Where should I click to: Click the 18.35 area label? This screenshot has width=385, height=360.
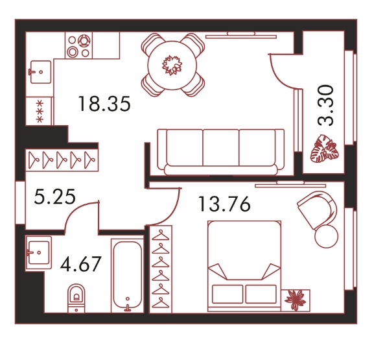click(104, 104)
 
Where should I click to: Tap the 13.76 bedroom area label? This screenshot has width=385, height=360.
click(224, 204)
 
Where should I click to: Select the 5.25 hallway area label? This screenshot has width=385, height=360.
click(54, 197)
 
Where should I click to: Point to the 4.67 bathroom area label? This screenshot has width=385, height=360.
click(81, 263)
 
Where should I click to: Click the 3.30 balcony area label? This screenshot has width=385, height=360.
click(325, 105)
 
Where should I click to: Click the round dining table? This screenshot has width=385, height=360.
click(172, 65)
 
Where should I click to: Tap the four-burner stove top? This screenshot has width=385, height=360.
click(79, 45)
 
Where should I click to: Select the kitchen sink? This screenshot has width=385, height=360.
click(41, 72)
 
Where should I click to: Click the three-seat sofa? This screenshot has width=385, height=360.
click(221, 152)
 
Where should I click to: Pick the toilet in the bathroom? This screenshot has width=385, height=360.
click(76, 298)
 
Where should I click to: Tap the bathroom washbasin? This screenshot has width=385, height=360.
click(38, 252)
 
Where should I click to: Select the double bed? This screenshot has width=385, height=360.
click(244, 266)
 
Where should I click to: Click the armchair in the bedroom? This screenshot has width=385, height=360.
click(317, 210)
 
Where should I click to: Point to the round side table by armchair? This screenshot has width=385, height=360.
click(326, 236)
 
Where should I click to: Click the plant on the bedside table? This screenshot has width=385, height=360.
click(296, 300)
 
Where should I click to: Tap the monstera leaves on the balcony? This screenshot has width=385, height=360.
click(324, 149)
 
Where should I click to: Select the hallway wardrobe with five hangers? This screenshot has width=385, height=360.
click(62, 160)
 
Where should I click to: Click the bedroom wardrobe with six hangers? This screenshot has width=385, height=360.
click(161, 269)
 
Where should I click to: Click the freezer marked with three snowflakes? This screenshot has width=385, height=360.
click(40, 111)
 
